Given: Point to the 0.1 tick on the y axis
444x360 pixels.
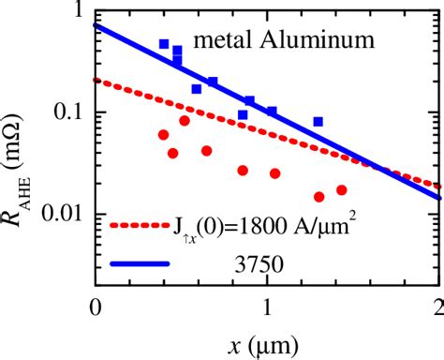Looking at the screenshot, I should [67, 112].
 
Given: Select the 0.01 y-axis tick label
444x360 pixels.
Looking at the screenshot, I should [63, 214].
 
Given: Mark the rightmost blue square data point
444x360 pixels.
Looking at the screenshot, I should [318, 122].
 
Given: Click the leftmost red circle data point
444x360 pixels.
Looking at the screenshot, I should [164, 135].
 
